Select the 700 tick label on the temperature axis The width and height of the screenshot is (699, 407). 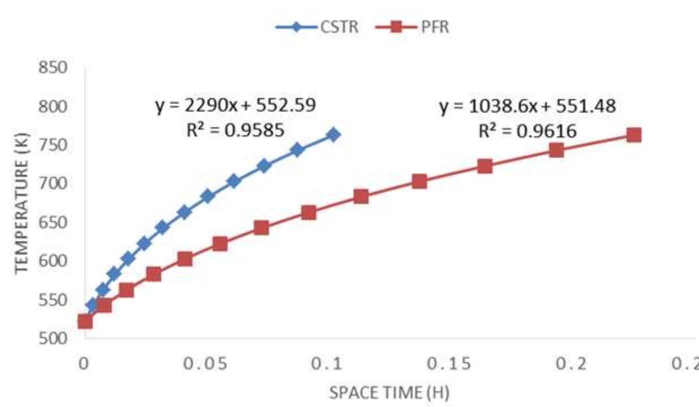(x=52, y=183)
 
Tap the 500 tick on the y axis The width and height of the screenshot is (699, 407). (x=52, y=338)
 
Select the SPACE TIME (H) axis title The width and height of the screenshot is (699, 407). (x=389, y=393)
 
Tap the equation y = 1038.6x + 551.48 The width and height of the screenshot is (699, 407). (x=528, y=106)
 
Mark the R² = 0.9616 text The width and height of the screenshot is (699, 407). (x=528, y=131)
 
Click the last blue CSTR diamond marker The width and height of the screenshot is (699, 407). (x=334, y=134)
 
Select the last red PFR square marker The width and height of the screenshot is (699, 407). (x=634, y=134)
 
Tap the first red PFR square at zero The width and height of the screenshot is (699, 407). (x=85, y=321)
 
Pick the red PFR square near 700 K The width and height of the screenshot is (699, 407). (x=420, y=181)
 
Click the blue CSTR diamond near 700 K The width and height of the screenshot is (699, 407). (x=233, y=181)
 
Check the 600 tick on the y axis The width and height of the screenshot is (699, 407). (x=52, y=261)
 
